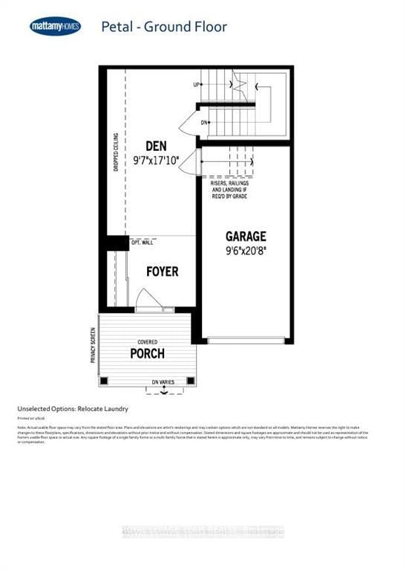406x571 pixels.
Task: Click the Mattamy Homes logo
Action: click(x=56, y=28)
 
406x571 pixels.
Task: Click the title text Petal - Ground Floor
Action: click(x=165, y=28)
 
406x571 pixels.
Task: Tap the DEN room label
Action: click(x=156, y=146)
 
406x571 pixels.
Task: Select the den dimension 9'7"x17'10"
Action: click(x=156, y=160)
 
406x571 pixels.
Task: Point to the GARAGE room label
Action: click(x=246, y=236)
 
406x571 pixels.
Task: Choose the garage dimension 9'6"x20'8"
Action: click(x=246, y=251)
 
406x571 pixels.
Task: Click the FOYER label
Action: click(x=161, y=272)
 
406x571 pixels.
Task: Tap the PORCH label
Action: click(x=147, y=353)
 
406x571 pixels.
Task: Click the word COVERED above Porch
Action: click(x=147, y=342)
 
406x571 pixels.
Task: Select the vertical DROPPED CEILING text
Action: click(x=116, y=153)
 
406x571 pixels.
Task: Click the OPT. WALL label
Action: click(x=143, y=243)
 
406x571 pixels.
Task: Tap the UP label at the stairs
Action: click(x=197, y=85)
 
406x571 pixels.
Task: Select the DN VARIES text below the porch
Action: click(x=163, y=382)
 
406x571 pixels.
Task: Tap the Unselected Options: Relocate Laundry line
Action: click(x=73, y=409)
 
